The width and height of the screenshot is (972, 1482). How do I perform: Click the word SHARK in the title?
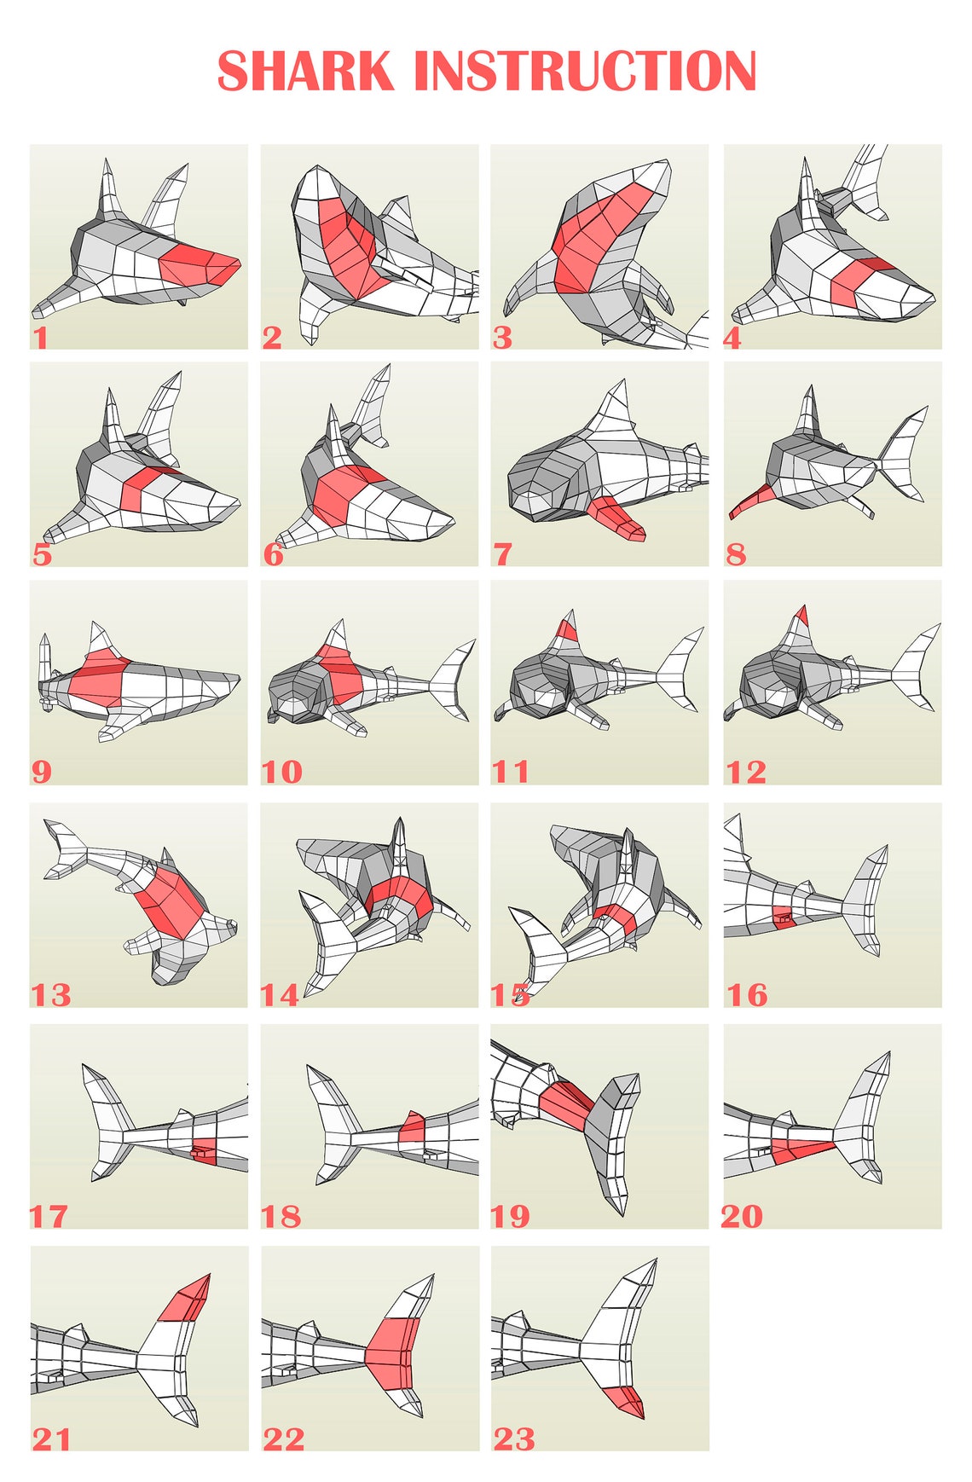click(304, 71)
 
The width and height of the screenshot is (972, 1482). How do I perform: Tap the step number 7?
click(502, 555)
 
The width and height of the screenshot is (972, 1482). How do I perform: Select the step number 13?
click(50, 995)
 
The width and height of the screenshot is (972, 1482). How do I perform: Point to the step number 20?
click(741, 1216)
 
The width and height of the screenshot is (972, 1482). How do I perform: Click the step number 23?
click(513, 1439)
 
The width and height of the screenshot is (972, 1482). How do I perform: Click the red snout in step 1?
click(200, 268)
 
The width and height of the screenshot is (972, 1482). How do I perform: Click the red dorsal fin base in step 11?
click(566, 630)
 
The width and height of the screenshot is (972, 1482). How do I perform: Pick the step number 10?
click(281, 773)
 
